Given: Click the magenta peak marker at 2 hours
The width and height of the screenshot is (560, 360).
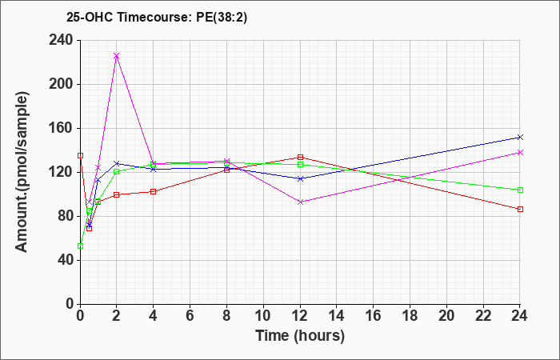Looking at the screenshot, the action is click(117, 56).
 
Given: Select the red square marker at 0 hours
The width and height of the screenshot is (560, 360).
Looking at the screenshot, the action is click(80, 156).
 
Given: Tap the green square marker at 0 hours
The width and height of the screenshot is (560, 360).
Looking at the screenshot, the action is click(80, 246).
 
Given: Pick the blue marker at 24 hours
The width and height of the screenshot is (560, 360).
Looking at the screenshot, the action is click(520, 137).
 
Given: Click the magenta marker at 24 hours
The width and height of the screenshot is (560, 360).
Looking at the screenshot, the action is click(520, 153).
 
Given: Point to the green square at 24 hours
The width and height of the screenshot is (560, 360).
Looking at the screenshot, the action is click(520, 190).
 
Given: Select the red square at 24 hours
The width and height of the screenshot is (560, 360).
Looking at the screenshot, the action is click(520, 210).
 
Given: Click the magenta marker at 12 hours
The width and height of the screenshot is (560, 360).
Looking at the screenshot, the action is click(300, 202).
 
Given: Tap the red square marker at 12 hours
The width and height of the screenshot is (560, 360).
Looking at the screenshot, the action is click(300, 157).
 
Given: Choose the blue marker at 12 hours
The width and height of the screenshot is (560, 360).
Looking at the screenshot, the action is click(300, 178).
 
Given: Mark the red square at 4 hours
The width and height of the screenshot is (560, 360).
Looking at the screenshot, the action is click(154, 192).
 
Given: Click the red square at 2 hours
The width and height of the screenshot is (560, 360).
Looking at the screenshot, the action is click(117, 195).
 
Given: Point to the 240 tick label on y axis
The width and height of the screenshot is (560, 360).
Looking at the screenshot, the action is click(61, 40).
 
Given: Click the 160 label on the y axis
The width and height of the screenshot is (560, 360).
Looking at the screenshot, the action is click(61, 128).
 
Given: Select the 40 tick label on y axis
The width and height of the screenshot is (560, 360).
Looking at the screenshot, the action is click(66, 260).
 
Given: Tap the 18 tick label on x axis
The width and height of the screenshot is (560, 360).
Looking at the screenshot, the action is click(410, 316).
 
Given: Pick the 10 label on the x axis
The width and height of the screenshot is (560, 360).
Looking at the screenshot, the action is click(263, 316).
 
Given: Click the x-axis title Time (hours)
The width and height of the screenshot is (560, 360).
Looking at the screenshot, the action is click(300, 336).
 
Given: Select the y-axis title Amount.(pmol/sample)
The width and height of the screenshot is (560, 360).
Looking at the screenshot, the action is click(22, 172).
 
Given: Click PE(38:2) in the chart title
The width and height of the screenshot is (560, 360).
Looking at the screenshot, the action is click(222, 17).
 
